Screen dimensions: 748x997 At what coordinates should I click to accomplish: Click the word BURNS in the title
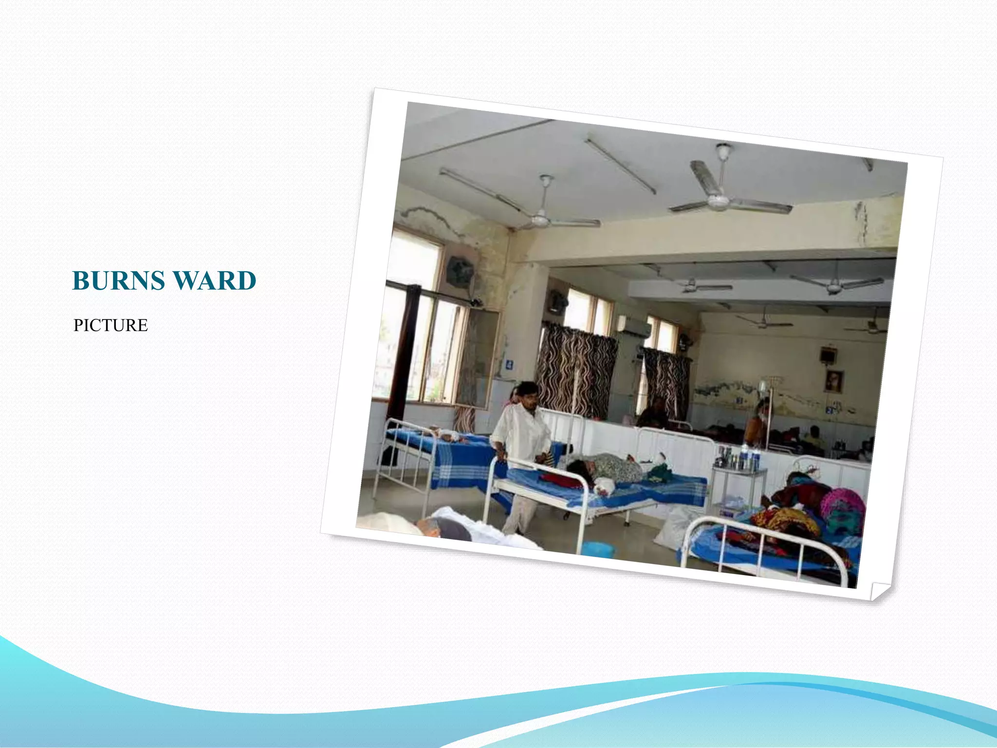click(118, 281)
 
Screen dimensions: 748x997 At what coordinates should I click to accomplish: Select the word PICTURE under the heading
click(111, 325)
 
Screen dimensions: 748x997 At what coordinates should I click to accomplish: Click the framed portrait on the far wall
click(833, 381)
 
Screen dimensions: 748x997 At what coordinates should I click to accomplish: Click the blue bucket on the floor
click(598, 550)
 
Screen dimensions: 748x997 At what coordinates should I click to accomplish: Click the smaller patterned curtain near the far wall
click(666, 382)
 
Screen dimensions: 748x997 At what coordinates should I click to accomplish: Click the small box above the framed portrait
click(827, 355)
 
